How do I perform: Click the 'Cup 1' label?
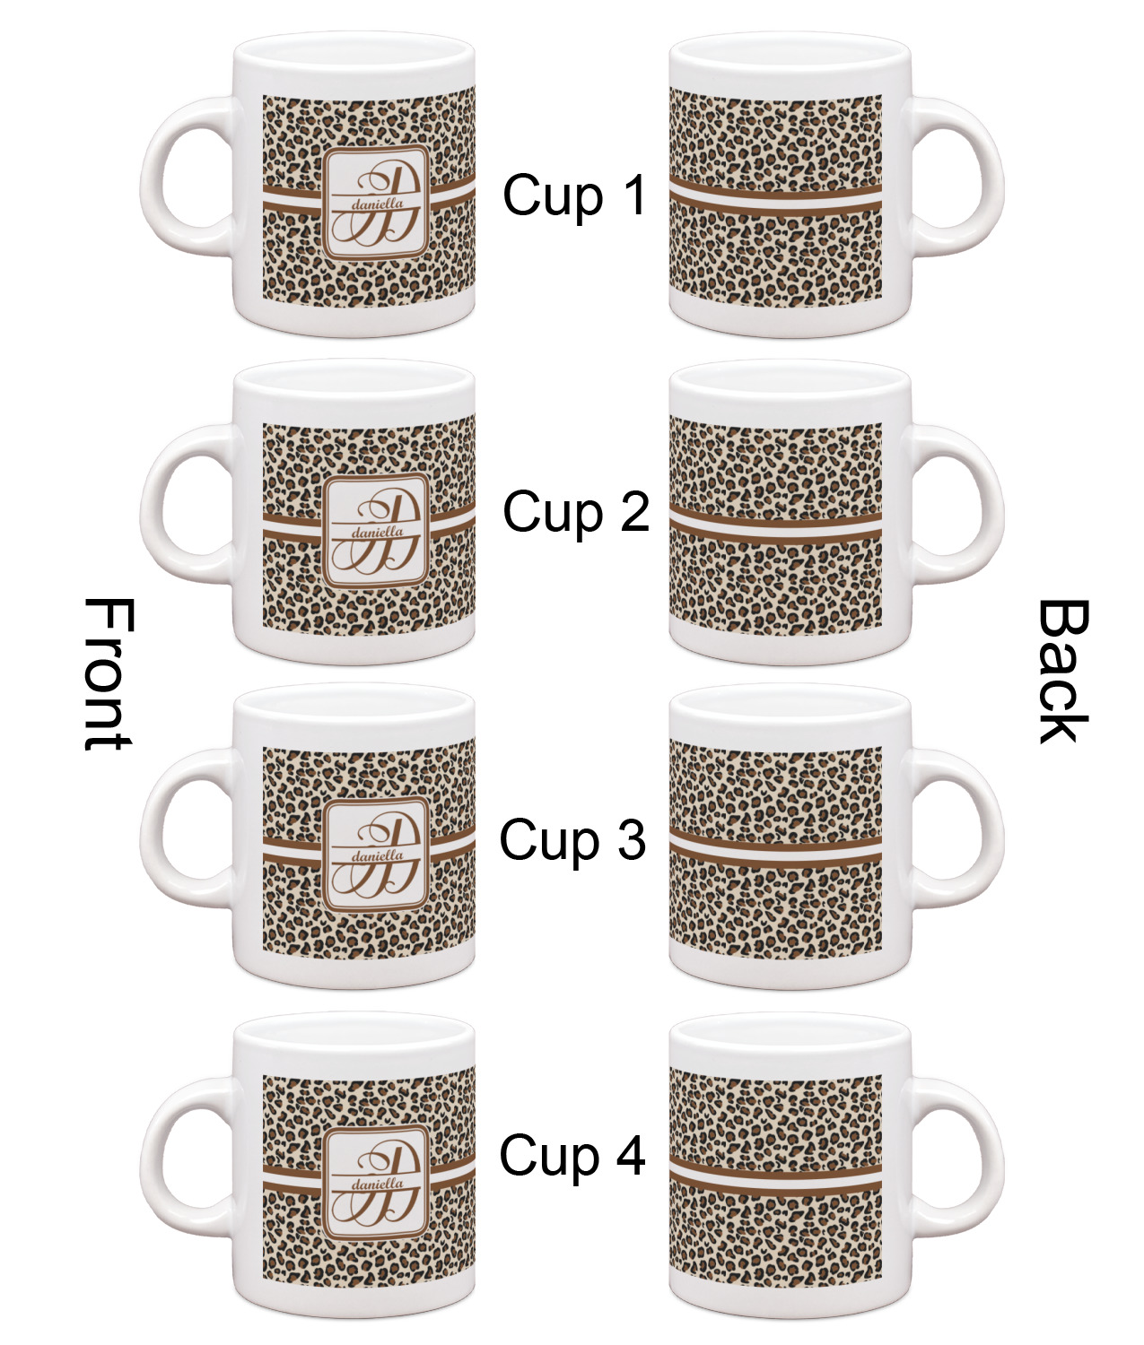tap(574, 195)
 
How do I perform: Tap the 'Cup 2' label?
tap(575, 513)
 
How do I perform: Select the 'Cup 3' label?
tap(572, 841)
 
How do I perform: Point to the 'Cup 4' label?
tap(572, 1155)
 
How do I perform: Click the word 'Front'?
tap(108, 674)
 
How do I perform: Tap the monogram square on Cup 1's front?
tap(376, 203)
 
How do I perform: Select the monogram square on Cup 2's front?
tap(376, 531)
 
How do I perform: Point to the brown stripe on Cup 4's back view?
tap(776, 1177)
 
